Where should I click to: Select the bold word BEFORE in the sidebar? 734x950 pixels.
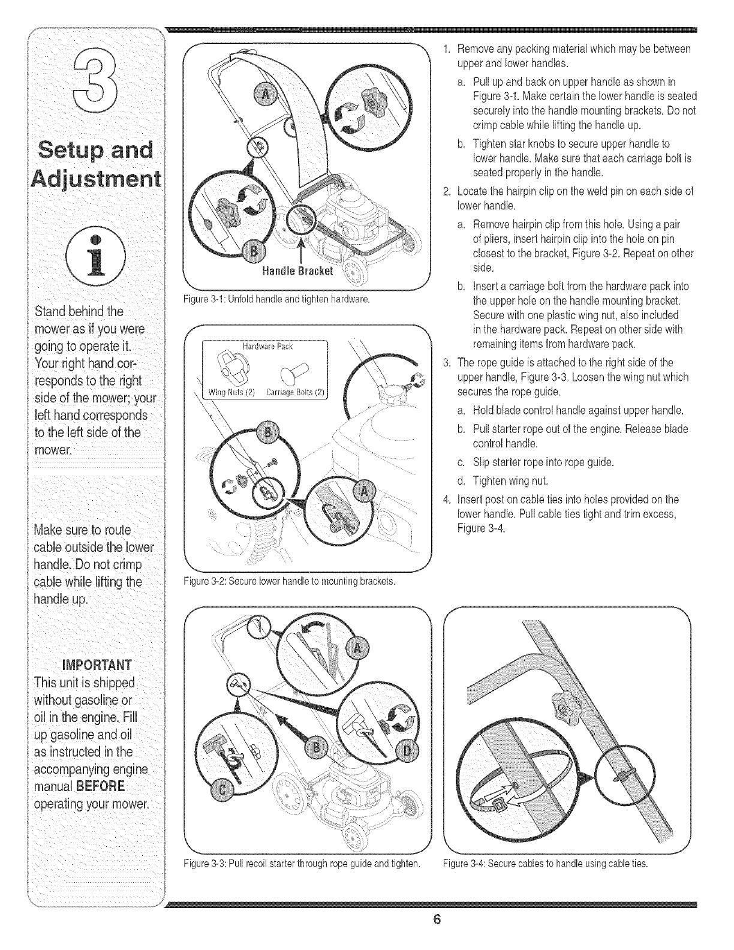point(104,786)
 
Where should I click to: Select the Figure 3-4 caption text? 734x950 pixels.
point(545,864)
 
